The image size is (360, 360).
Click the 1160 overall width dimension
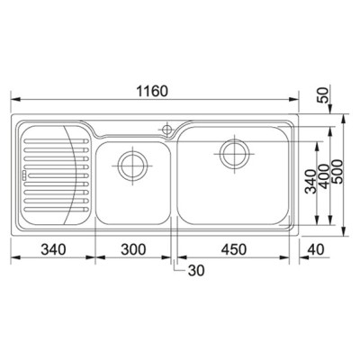(x=152, y=91)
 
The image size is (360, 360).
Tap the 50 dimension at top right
(x=323, y=94)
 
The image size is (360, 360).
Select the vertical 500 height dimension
(x=337, y=171)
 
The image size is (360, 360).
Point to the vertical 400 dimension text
(x=324, y=176)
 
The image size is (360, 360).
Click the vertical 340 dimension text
(x=310, y=181)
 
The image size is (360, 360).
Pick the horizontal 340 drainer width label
(x=53, y=249)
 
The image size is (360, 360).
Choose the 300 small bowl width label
(x=133, y=249)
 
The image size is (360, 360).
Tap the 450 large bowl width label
(x=234, y=249)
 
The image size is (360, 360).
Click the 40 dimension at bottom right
(x=316, y=249)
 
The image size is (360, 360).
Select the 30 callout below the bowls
(x=196, y=271)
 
